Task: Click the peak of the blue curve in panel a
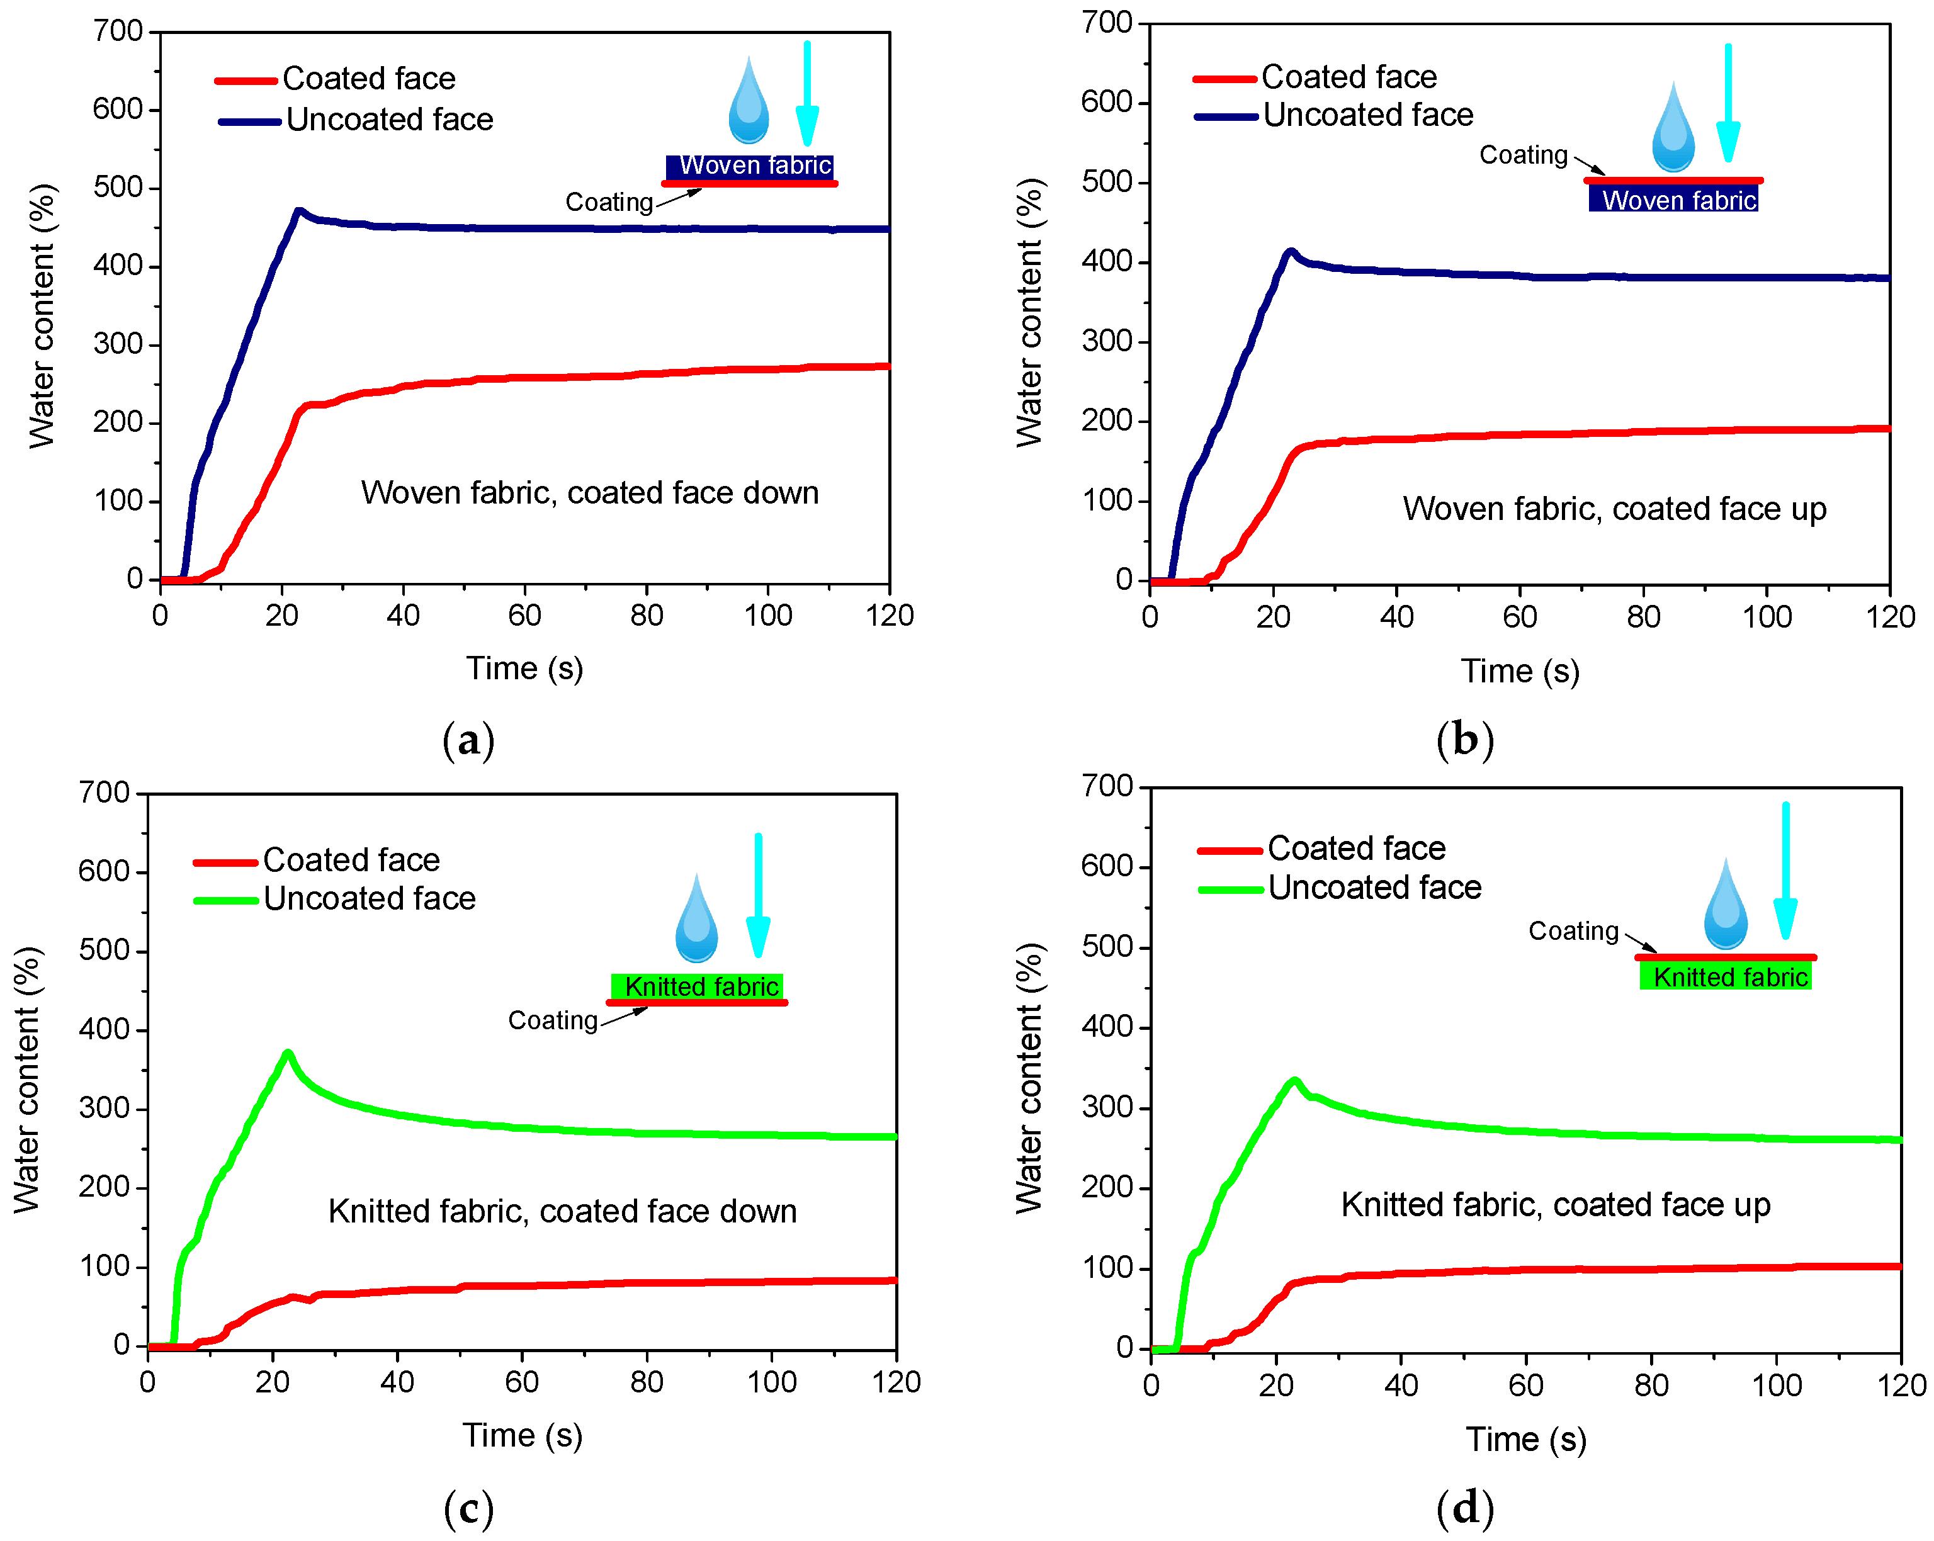pyautogui.click(x=298, y=212)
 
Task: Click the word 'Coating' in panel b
pyautogui.click(x=1523, y=155)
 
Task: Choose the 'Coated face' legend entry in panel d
pyautogui.click(x=1355, y=848)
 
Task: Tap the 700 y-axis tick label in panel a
pyautogui.click(x=118, y=31)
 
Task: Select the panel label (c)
pyautogui.click(x=468, y=1509)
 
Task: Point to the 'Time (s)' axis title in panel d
pyautogui.click(x=1526, y=1440)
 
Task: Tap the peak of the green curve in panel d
pyautogui.click(x=1294, y=1081)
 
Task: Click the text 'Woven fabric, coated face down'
pyautogui.click(x=589, y=492)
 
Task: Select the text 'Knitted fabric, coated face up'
pyautogui.click(x=1556, y=1205)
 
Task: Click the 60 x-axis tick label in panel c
pyautogui.click(x=521, y=1382)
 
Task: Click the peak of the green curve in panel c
pyautogui.click(x=288, y=1053)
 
